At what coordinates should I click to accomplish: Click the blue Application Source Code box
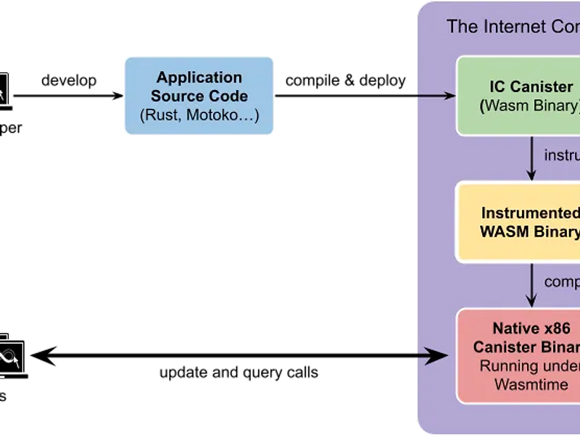point(199,96)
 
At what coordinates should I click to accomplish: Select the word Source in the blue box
point(175,96)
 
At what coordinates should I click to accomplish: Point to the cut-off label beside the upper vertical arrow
point(562,154)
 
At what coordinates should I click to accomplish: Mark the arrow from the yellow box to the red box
point(531,284)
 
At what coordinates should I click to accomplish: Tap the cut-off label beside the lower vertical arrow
point(562,281)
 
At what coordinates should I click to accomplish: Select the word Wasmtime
point(531,385)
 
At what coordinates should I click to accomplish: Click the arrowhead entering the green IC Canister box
point(448,96)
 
